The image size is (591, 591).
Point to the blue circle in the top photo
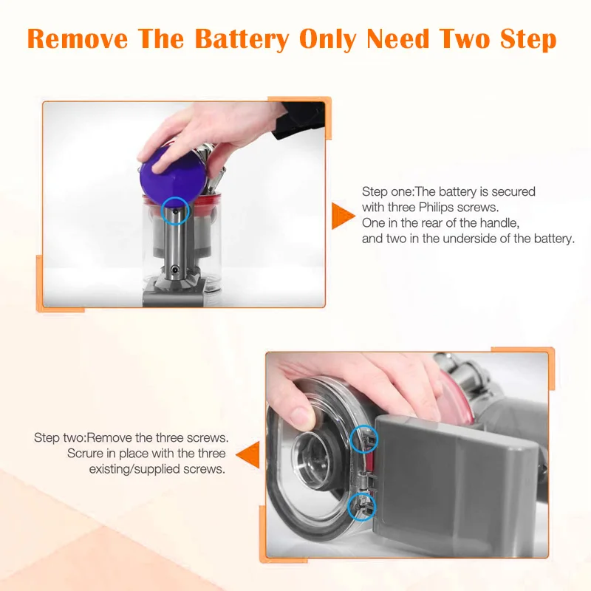[176, 210]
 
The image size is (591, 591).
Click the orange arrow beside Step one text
[342, 215]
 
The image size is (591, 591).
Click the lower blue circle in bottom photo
[361, 506]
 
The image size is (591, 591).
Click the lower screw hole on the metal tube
[176, 271]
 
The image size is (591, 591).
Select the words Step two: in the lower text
[60, 437]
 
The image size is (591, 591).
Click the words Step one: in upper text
[389, 192]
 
